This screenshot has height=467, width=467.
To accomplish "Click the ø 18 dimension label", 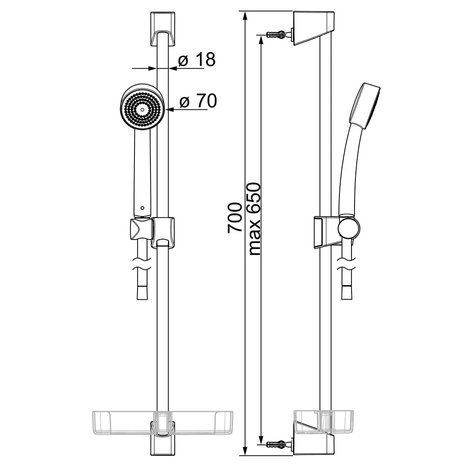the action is tap(197, 60).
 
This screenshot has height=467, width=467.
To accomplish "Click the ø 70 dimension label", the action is tap(198, 101).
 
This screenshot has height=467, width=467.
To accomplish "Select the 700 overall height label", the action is tap(235, 218).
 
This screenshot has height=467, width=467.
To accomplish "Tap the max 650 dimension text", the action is tap(254, 219).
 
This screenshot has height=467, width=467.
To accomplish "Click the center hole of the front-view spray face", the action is tap(142, 109).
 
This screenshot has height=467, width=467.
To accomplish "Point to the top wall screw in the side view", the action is tap(279, 34).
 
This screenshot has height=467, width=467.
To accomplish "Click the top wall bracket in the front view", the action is tap(162, 29).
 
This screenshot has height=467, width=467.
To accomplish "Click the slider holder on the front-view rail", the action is tap(163, 232).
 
